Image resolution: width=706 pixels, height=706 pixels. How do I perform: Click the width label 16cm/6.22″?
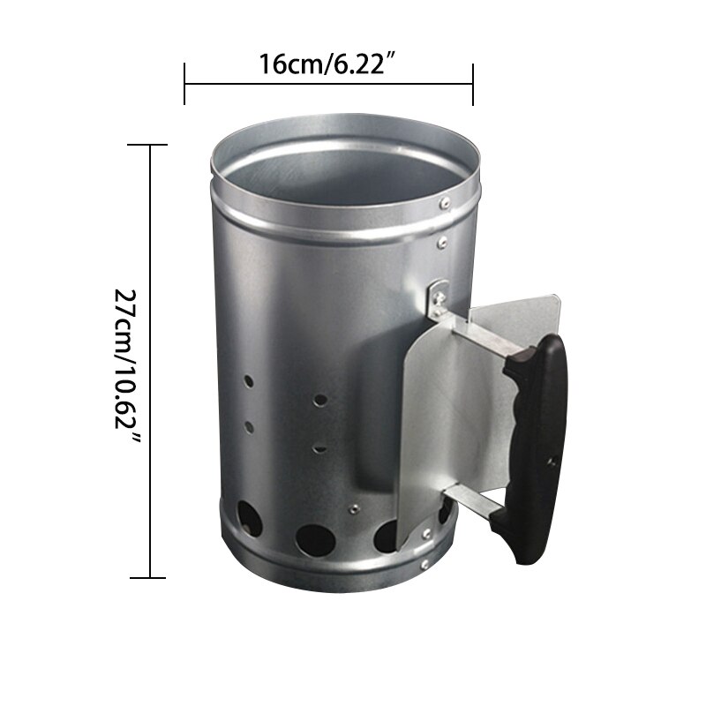pos(328,64)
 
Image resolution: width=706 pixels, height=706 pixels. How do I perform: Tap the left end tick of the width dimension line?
pos(184,84)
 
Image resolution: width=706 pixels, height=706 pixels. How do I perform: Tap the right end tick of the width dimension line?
pos(474,84)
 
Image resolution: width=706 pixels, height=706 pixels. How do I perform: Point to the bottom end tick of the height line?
pos(151,578)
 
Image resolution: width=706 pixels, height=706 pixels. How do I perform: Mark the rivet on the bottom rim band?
pos(427,561)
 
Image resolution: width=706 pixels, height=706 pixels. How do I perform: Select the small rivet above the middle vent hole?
pos(354,508)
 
